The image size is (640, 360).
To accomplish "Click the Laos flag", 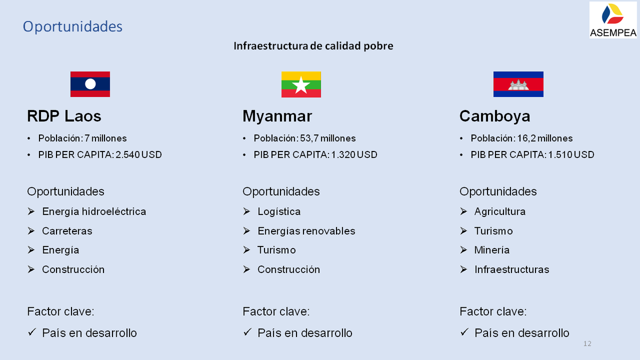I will point(90,84).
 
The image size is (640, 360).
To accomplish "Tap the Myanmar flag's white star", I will point(301,85).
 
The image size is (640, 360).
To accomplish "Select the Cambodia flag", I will point(518,84).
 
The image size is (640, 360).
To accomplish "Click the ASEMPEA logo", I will point(613,20).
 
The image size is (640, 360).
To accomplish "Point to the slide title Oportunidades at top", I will point(73,26).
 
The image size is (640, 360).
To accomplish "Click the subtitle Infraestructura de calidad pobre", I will point(313,46).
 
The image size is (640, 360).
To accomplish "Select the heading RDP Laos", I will point(64,116).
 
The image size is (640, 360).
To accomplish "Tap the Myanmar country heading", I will point(277,116).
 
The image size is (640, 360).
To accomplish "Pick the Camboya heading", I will point(495,116).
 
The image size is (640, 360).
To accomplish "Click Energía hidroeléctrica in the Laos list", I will point(94,211).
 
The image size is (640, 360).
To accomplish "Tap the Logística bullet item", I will point(279,211).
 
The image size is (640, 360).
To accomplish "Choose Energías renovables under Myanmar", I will point(306,231).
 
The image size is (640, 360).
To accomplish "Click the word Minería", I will point(492,250).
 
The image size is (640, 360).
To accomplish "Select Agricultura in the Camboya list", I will point(500,211).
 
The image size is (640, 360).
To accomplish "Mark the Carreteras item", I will point(67,231).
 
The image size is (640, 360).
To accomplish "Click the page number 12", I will point(588,343).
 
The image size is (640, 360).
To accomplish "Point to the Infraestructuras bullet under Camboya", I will point(511,269).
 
